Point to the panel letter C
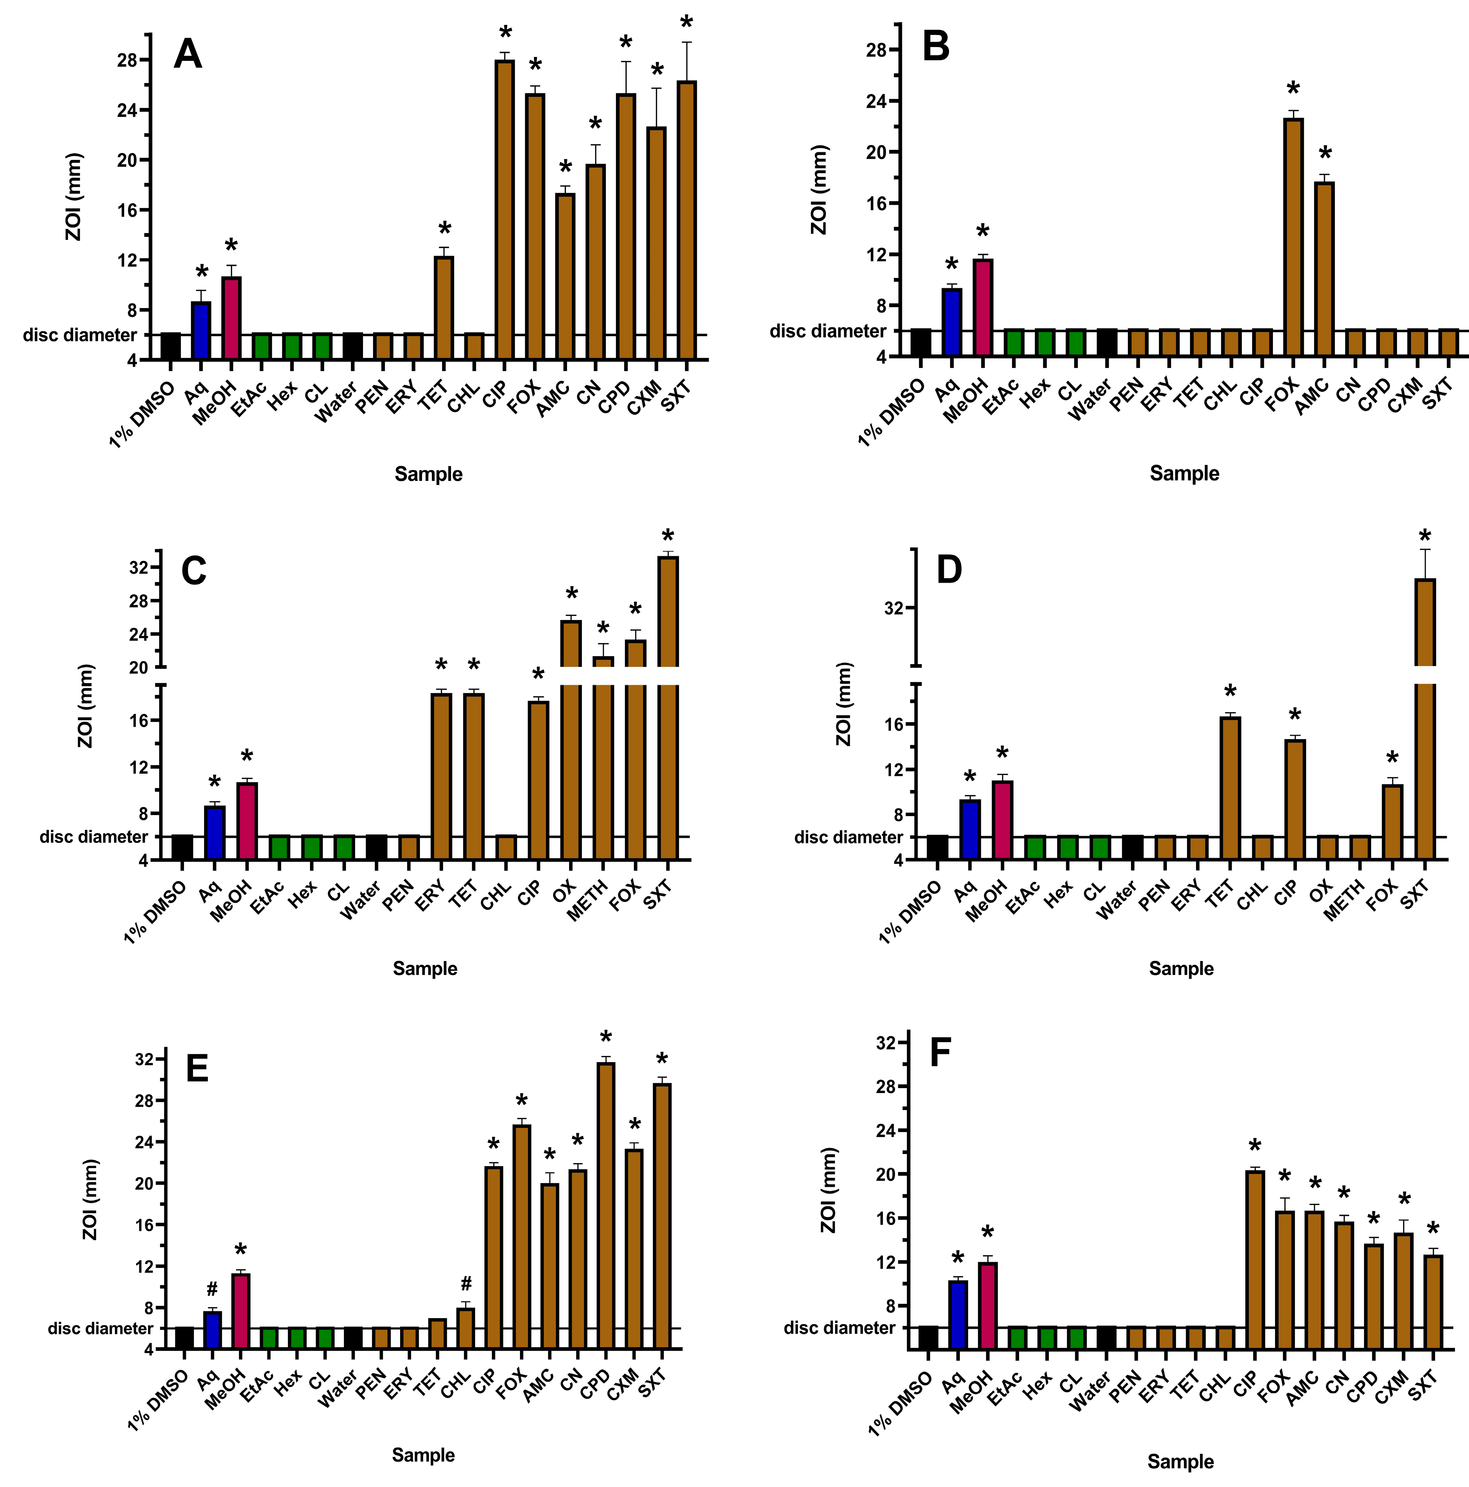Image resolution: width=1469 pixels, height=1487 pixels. (193, 571)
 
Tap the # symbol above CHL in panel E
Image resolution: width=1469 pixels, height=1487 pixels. (466, 1283)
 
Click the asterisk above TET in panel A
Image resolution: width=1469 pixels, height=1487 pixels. (444, 229)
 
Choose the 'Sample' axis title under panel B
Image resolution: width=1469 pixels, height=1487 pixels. (1184, 473)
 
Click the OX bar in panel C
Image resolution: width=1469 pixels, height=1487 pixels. (570, 739)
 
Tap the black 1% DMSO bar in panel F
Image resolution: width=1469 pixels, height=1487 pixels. (928, 1338)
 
